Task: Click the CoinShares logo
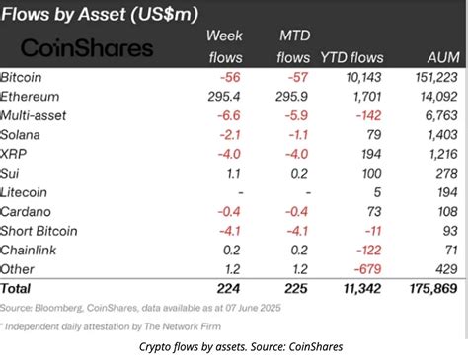click(87, 47)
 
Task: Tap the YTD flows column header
click(352, 58)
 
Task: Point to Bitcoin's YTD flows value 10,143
click(365, 77)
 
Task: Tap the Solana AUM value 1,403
click(439, 135)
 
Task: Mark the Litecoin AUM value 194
click(443, 192)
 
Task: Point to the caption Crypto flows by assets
click(234, 345)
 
